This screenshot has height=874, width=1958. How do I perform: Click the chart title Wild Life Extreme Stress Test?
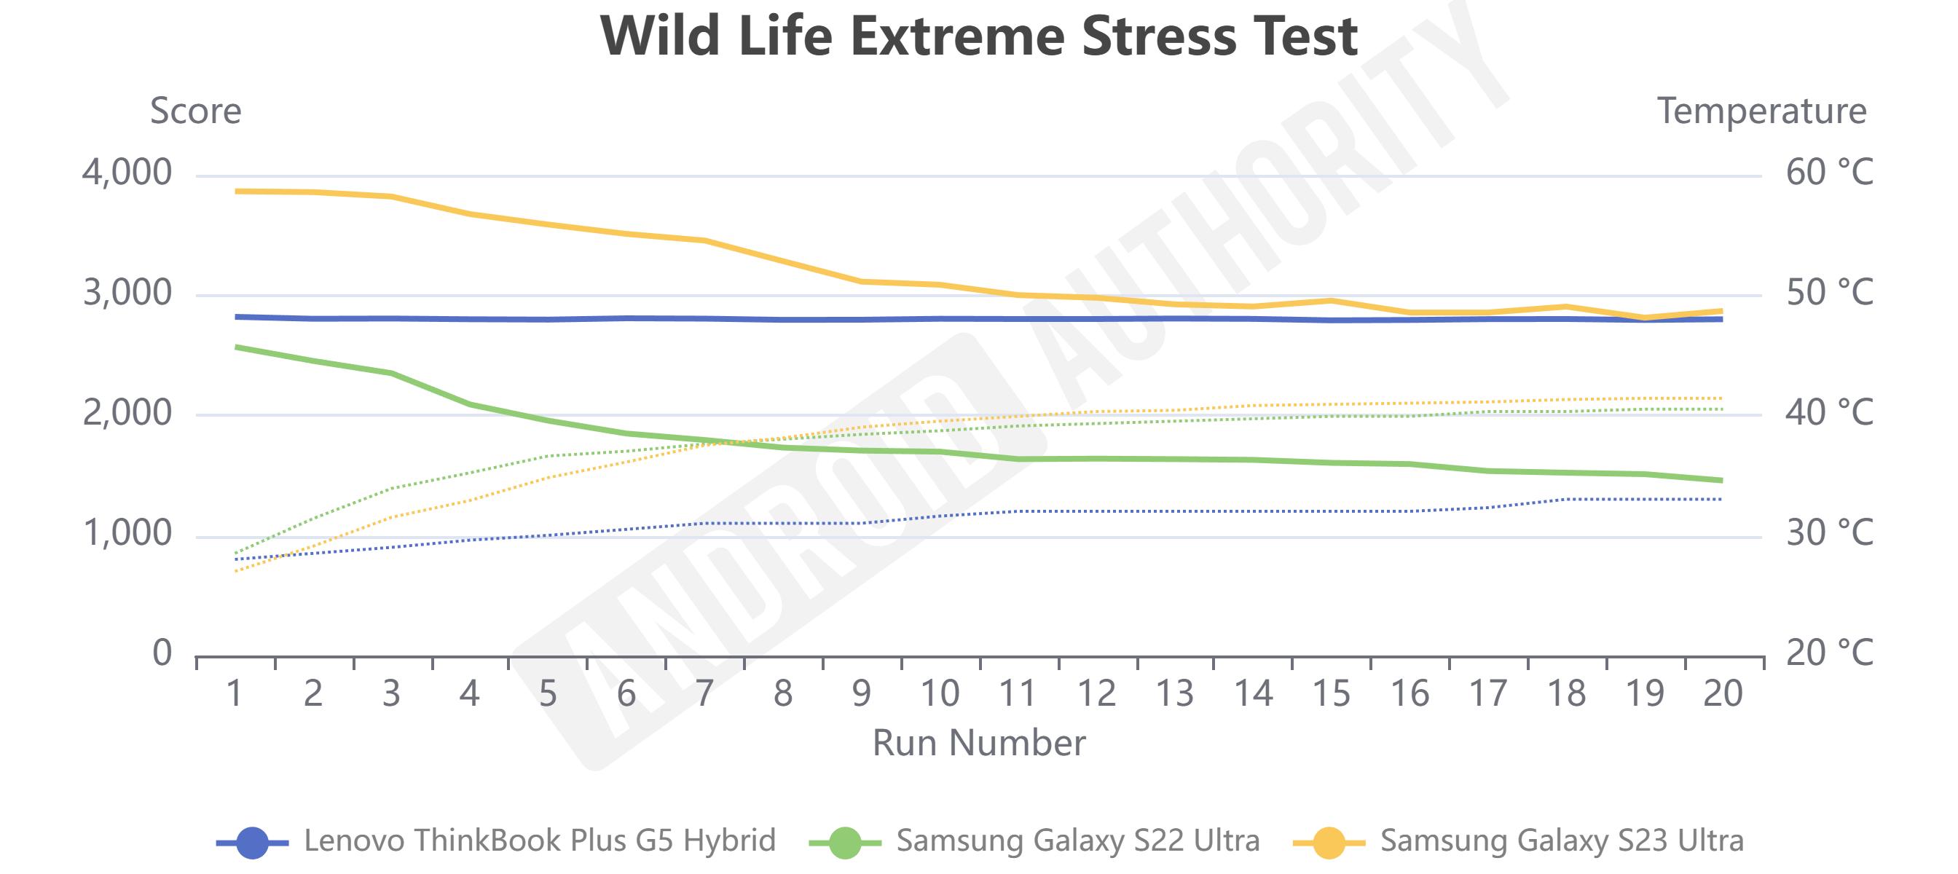[x=978, y=36]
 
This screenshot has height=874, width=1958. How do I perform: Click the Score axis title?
[x=195, y=111]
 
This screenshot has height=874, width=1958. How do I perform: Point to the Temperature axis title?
[x=1761, y=111]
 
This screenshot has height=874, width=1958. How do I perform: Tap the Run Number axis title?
[x=978, y=742]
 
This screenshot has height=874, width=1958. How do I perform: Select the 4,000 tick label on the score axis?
[x=127, y=173]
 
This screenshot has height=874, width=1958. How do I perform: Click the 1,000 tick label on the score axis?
[x=127, y=534]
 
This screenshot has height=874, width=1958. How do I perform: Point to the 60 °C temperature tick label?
[x=1829, y=173]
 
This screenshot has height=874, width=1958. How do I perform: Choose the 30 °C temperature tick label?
[x=1829, y=534]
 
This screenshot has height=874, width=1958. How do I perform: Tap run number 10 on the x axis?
[x=940, y=693]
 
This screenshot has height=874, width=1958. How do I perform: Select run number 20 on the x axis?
[x=1723, y=693]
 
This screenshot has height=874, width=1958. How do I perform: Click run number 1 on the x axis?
[x=235, y=693]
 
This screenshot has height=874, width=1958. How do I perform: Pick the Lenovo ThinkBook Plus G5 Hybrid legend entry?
[x=539, y=840]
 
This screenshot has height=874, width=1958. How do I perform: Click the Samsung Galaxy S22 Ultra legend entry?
[x=1077, y=840]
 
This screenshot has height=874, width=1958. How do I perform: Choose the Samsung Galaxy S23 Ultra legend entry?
[x=1561, y=840]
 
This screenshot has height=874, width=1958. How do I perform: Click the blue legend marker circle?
[x=252, y=842]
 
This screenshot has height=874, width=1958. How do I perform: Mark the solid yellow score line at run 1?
[x=237, y=192]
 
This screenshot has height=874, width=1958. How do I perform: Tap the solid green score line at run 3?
[x=391, y=373]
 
